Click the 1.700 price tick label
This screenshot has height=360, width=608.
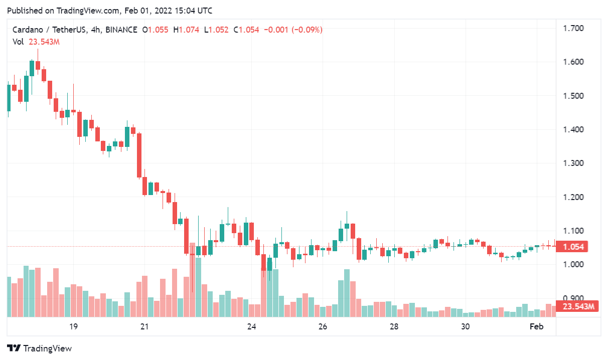point(573,28)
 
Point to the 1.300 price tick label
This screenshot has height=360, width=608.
point(573,163)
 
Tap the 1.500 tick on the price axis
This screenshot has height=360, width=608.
point(573,96)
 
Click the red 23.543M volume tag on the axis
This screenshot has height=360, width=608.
point(578,307)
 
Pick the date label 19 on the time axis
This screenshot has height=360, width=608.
point(73,327)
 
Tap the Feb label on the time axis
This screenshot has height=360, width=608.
point(537,327)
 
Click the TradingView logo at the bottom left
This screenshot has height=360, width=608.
point(40,348)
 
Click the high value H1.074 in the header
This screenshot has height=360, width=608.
point(186,30)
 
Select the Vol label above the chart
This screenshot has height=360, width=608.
point(18,42)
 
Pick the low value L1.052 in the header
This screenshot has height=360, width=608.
point(216,30)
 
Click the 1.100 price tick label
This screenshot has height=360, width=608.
point(573,231)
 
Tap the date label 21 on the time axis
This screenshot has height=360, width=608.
point(144,327)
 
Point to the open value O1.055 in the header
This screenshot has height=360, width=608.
point(156,30)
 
